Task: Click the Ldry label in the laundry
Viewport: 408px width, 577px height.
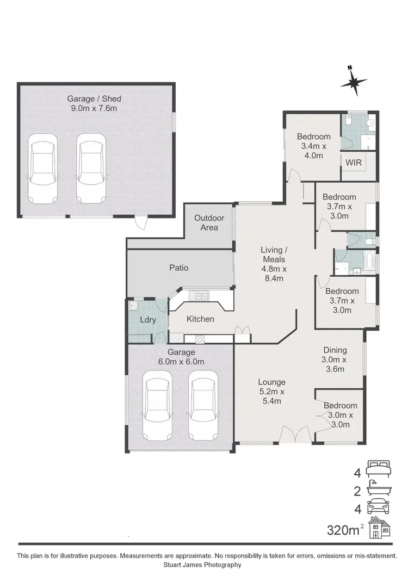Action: pyautogui.click(x=148, y=320)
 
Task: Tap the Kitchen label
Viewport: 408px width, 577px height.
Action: pyautogui.click(x=200, y=319)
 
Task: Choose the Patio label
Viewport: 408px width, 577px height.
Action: pyautogui.click(x=178, y=268)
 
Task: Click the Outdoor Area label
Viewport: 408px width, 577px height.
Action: pyautogui.click(x=206, y=222)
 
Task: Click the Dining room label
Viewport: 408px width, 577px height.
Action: pyautogui.click(x=335, y=350)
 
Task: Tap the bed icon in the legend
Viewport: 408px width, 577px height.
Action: pyautogui.click(x=379, y=467)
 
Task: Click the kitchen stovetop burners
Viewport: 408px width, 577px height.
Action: pyautogui.click(x=200, y=339)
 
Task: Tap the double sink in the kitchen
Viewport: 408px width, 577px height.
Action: pyautogui.click(x=201, y=296)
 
